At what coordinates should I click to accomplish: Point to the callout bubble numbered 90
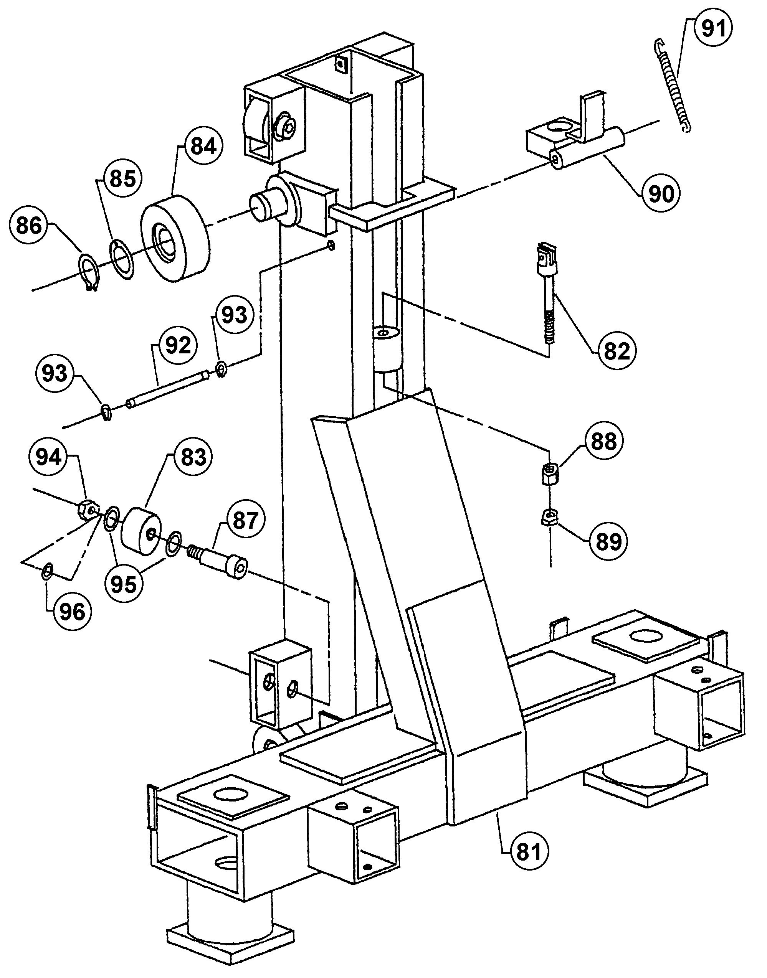point(661,193)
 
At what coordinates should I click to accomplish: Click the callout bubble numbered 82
point(617,351)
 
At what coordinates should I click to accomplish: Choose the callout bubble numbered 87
point(245,521)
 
